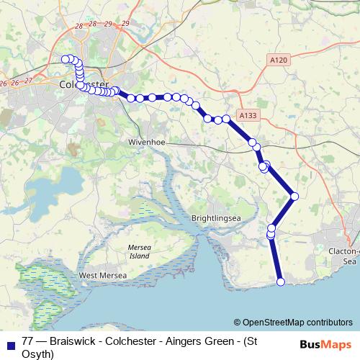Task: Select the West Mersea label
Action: click(103, 276)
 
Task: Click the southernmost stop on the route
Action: click(281, 282)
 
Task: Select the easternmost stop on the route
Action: click(294, 196)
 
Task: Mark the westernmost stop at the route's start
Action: click(65, 59)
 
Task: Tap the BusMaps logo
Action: click(323, 345)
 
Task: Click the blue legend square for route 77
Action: click(10, 343)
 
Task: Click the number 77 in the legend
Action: click(28, 341)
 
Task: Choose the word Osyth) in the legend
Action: click(38, 354)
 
